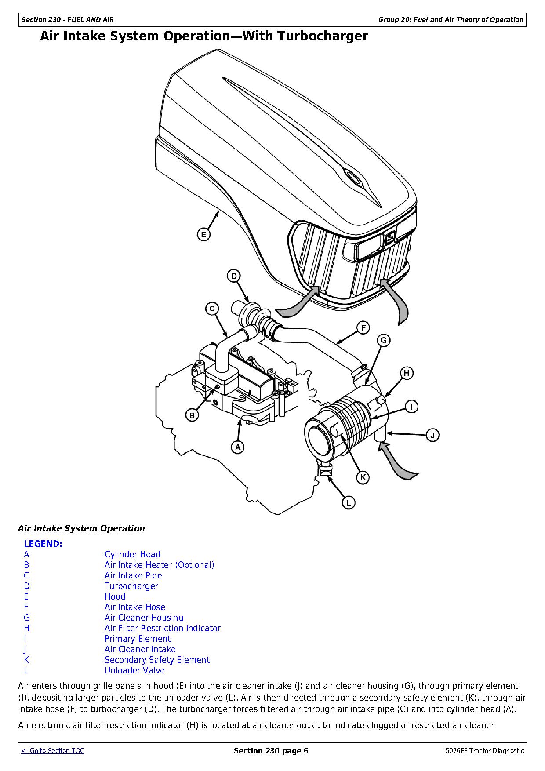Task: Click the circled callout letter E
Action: [x=203, y=235]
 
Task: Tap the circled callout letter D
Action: [x=234, y=276]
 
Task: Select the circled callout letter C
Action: [x=212, y=309]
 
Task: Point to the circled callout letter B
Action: [x=192, y=415]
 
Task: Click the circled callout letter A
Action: [x=238, y=447]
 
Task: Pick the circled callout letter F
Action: [x=363, y=328]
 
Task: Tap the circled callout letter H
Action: [x=407, y=373]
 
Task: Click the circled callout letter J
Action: [x=432, y=435]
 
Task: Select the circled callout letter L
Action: [x=349, y=503]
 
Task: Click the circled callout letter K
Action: [x=363, y=477]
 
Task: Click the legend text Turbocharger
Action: [x=131, y=586]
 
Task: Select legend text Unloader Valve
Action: [x=134, y=670]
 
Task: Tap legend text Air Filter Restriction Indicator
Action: [x=162, y=628]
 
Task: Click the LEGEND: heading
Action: [x=43, y=544]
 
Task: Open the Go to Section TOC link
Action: [x=53, y=751]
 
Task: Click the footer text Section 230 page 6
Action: [x=271, y=751]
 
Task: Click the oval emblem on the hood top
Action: [x=352, y=176]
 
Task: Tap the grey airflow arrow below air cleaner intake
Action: [x=398, y=462]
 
